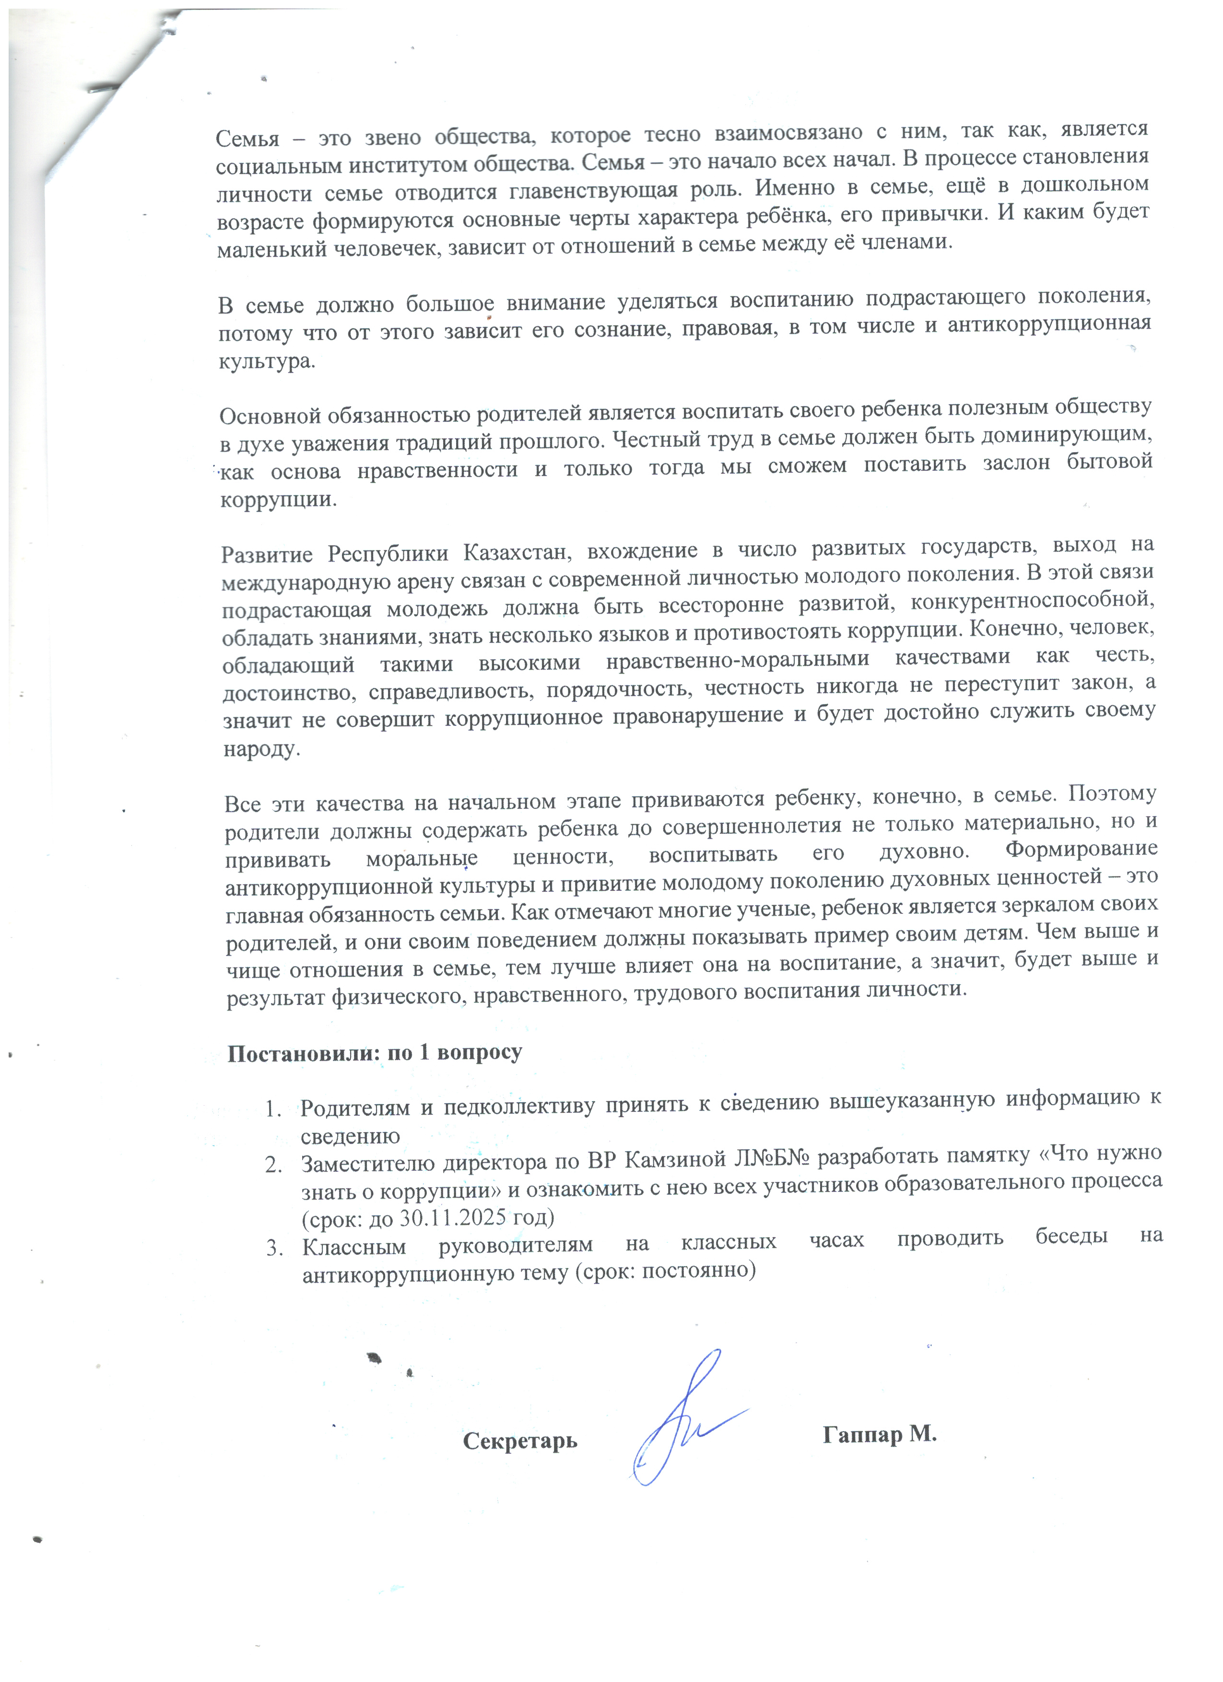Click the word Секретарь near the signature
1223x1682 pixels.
click(520, 1441)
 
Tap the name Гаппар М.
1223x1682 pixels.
click(880, 1434)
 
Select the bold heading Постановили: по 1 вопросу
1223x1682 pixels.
click(375, 1053)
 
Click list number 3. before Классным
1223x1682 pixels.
click(275, 1249)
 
